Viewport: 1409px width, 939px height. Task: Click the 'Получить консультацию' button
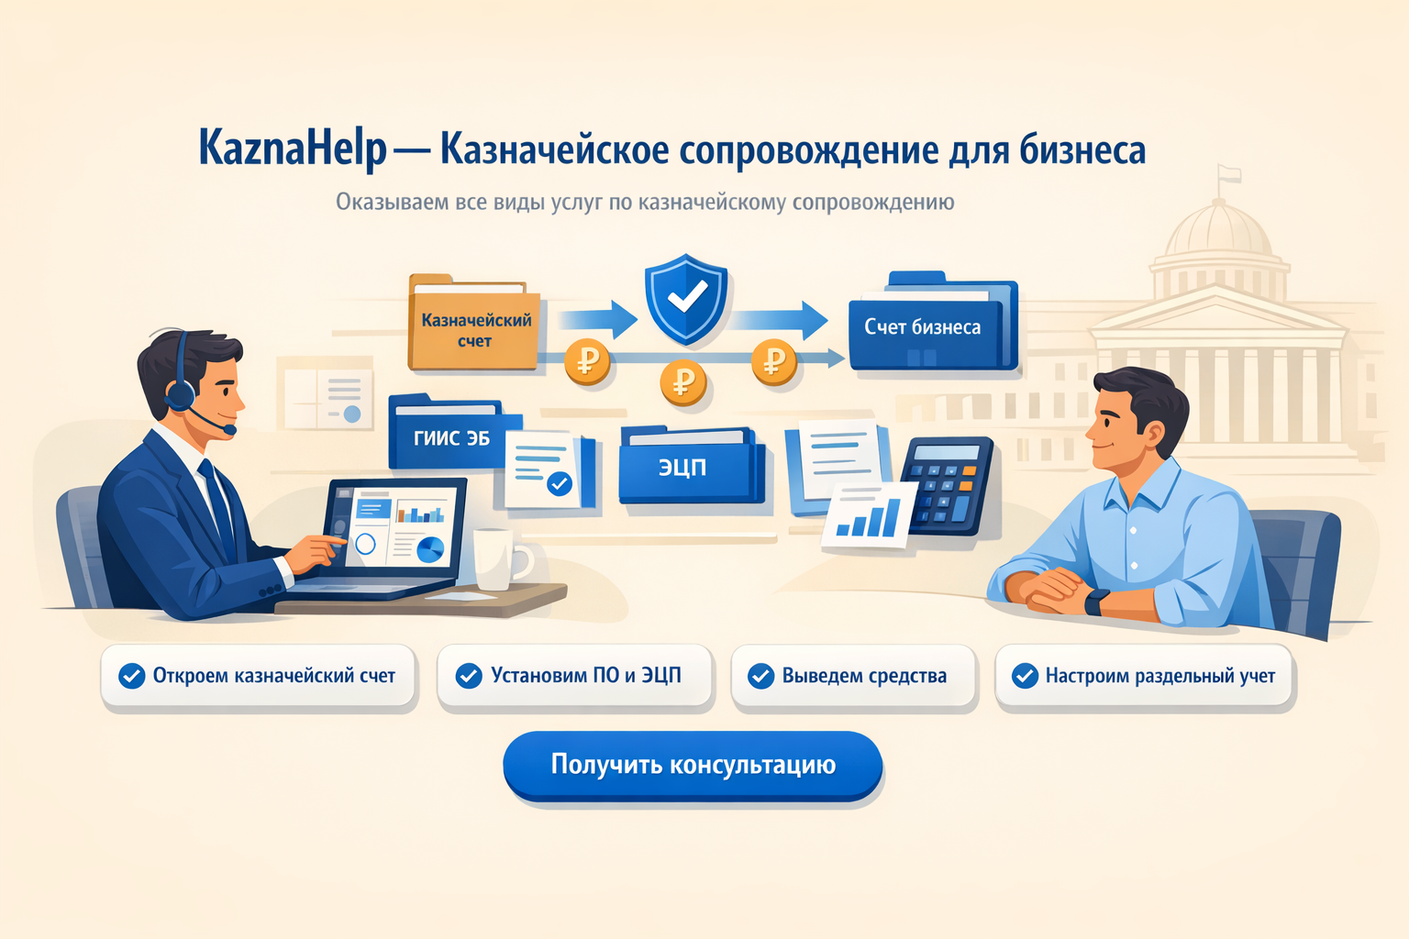[693, 765]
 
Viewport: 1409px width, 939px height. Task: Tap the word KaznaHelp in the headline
[292, 149]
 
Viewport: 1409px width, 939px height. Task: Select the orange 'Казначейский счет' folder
[473, 323]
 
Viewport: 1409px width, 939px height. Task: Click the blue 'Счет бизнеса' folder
[933, 321]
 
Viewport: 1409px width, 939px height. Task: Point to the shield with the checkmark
[686, 299]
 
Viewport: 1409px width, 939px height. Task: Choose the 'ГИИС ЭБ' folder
[453, 433]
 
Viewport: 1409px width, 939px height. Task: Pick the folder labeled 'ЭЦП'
[692, 465]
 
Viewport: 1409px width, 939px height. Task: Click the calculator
[948, 485]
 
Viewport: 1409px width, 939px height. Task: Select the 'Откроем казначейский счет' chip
[258, 676]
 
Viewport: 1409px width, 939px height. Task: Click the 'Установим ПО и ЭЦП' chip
[574, 676]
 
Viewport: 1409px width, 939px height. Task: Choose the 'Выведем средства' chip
[853, 676]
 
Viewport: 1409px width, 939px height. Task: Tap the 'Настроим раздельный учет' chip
[1143, 676]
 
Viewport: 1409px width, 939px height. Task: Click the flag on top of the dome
[1229, 174]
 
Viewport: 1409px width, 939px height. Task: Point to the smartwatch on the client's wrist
[1097, 602]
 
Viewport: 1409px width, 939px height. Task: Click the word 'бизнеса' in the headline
[1082, 149]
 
